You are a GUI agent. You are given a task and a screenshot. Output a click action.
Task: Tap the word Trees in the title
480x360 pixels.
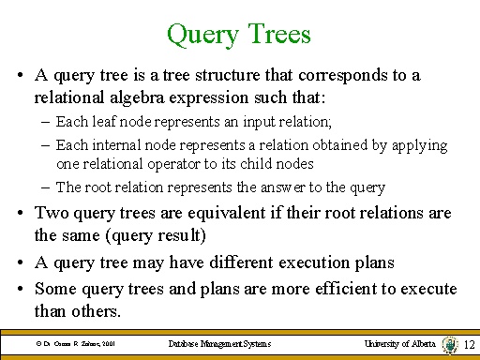[278, 35]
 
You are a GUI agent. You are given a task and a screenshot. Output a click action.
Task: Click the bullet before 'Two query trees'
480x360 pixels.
[21, 215]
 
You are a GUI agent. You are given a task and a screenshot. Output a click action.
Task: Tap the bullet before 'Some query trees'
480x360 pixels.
[21, 290]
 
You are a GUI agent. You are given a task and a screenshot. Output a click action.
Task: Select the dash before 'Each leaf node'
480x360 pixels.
[46, 121]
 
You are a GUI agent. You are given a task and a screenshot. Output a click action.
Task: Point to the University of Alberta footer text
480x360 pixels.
[400, 344]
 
